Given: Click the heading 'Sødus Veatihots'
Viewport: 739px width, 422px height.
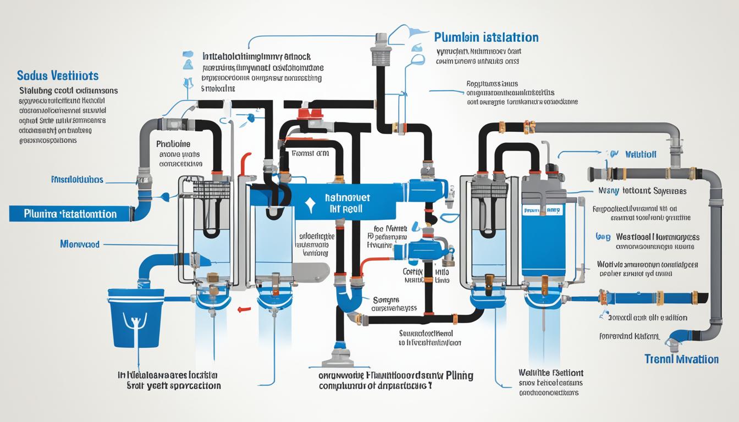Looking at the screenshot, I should [58, 75].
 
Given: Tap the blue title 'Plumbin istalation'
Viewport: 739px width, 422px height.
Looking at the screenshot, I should [486, 37].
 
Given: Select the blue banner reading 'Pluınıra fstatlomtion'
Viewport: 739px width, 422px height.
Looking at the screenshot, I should [70, 213].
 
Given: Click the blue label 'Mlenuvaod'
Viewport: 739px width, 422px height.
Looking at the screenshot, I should [80, 243].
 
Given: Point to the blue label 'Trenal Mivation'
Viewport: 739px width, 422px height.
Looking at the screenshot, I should [681, 359].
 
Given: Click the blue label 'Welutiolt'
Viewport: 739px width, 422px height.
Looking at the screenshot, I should [641, 154].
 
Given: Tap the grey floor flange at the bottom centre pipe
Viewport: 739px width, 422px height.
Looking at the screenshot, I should [338, 360].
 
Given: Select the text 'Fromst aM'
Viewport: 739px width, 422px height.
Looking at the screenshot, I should [310, 154].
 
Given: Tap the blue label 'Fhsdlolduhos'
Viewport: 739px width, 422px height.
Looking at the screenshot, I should [77, 180].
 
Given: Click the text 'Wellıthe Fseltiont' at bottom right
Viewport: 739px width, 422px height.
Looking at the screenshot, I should [550, 373].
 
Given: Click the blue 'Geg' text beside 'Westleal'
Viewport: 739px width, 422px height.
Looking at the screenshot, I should [603, 236].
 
